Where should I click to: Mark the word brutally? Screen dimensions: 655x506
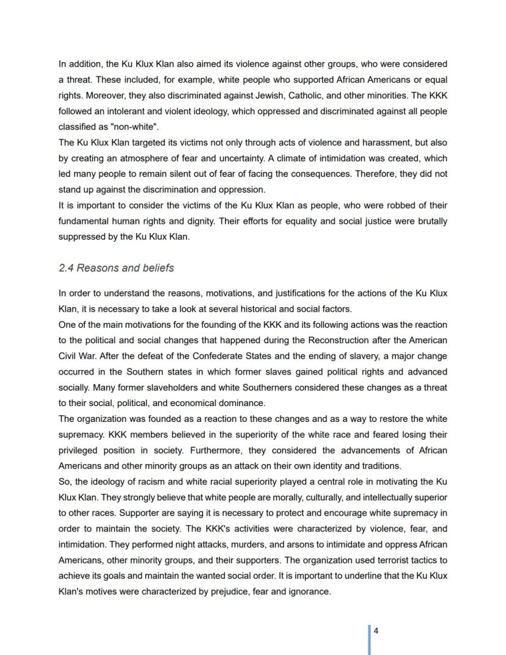(x=430, y=221)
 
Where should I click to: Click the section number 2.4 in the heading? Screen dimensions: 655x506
(x=66, y=268)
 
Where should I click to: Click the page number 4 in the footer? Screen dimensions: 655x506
(x=376, y=631)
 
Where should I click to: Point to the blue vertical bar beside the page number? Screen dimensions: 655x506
(x=369, y=639)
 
